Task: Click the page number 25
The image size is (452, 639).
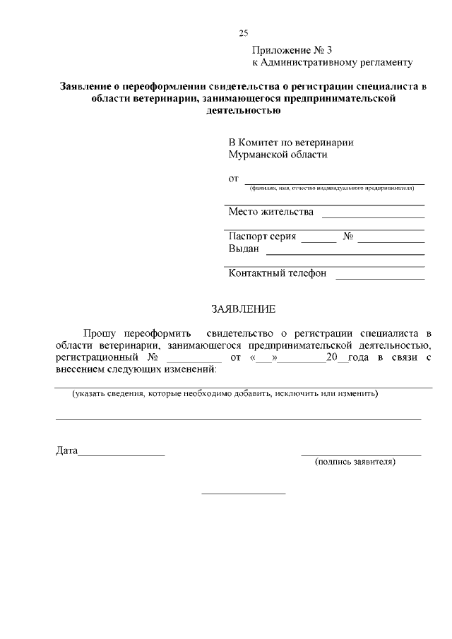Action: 244,32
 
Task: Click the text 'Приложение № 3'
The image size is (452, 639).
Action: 292,50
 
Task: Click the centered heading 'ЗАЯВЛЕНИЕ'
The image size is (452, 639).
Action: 244,309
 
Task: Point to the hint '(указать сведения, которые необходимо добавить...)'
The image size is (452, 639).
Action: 225,394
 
